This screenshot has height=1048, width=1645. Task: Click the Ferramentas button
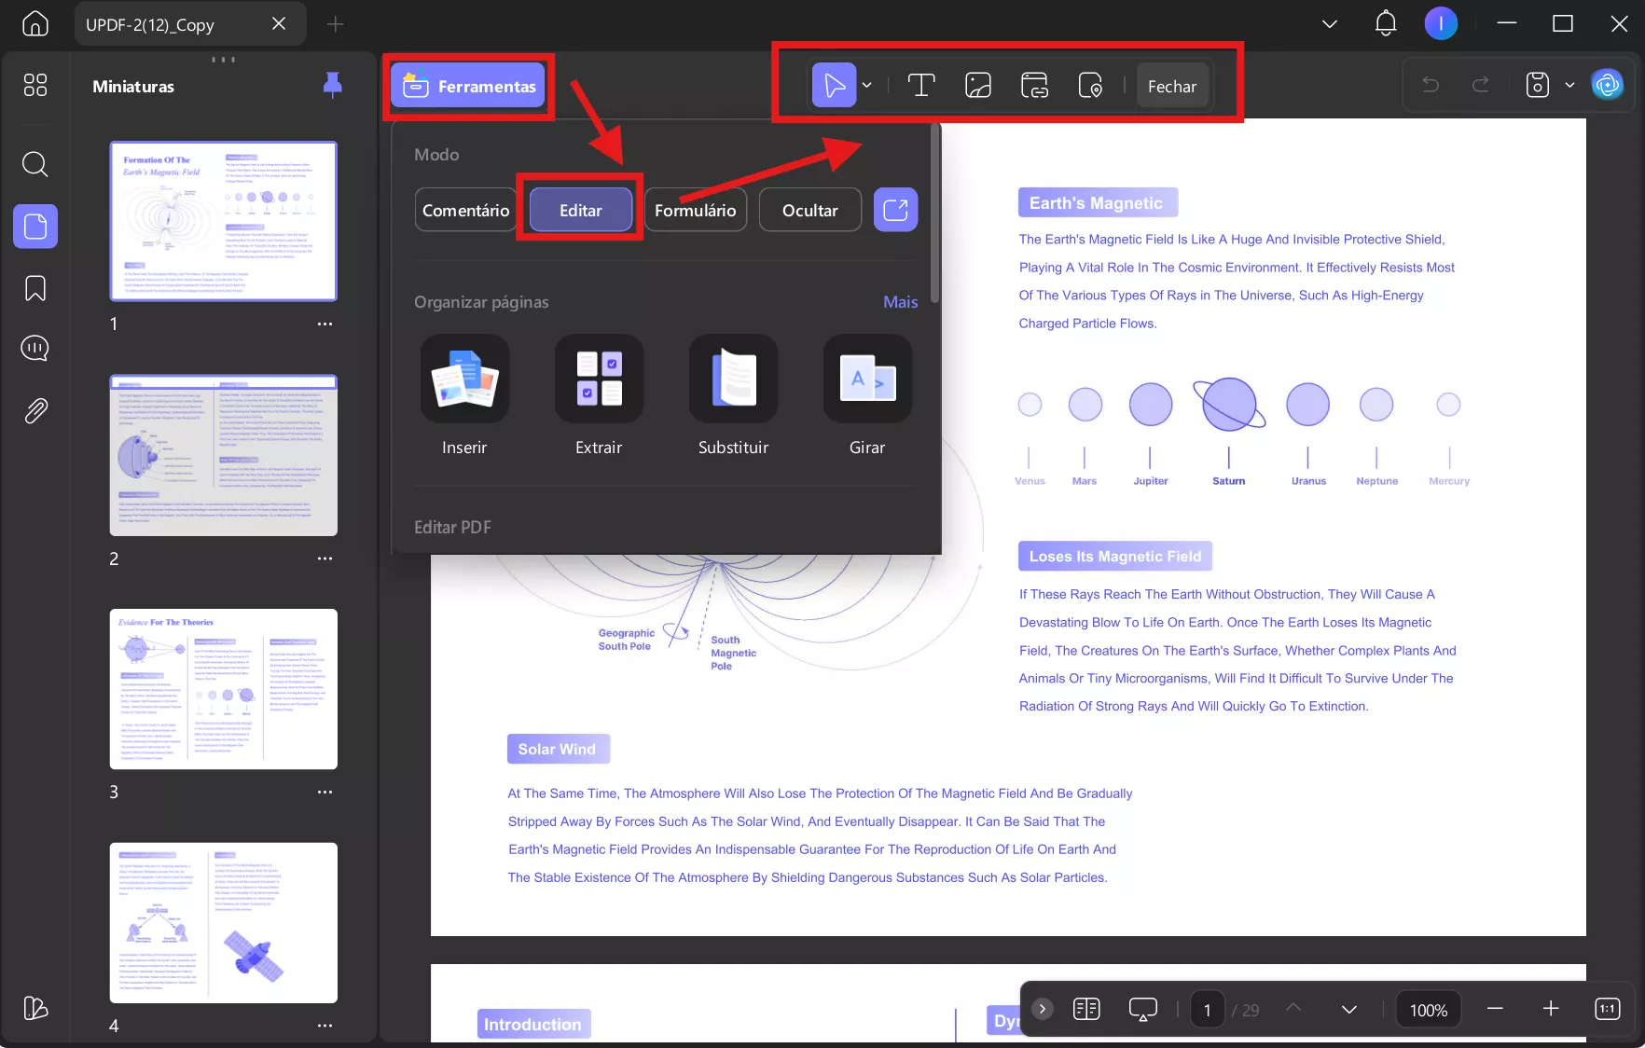coord(468,87)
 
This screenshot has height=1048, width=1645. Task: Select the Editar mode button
coord(580,210)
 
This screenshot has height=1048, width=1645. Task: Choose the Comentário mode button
coord(465,210)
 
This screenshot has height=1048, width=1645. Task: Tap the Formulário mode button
coord(695,210)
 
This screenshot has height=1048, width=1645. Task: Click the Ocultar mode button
coord(809,210)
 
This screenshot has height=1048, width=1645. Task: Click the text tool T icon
coord(920,86)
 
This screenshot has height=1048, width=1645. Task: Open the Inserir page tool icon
coord(464,379)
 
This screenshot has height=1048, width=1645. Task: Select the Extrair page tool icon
coord(599,379)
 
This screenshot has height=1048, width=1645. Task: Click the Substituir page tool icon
coord(733,379)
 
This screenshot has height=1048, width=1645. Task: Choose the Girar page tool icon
coord(867,379)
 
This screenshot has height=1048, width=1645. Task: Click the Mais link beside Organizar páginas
coord(900,302)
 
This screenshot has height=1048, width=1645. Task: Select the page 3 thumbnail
coord(224,689)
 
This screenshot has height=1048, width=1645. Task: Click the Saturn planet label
coord(1228,481)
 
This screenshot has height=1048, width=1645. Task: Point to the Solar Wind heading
coord(557,749)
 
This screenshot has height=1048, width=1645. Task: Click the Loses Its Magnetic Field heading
coord(1114,557)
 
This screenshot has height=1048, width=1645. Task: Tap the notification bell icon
coord(1386,23)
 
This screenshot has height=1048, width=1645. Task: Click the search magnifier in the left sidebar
coord(35,164)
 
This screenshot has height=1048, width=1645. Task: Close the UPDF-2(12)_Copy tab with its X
coord(279,24)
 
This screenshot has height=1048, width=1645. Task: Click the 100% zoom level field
coord(1428,1010)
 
